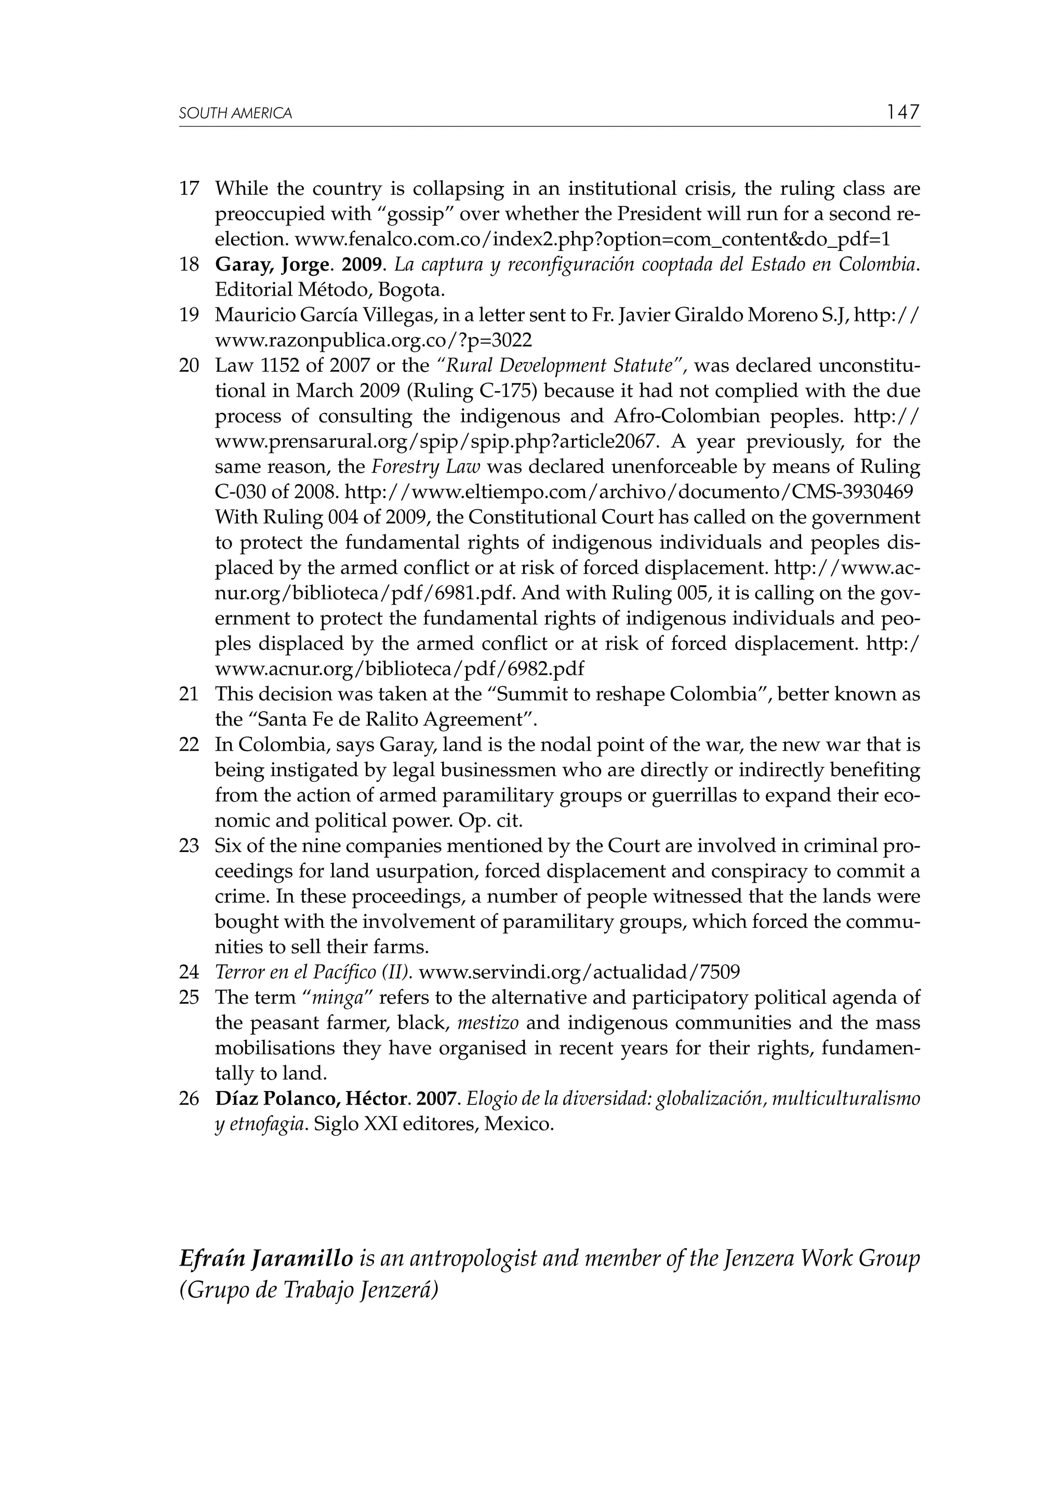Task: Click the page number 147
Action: (903, 112)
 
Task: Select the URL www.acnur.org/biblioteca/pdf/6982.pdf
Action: (399, 669)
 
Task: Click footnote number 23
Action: (188, 846)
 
